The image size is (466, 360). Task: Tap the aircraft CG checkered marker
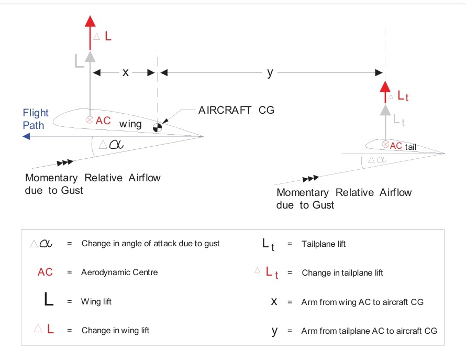tap(158, 126)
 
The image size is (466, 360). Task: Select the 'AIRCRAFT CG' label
tap(236, 111)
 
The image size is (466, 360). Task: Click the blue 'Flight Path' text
tap(36, 119)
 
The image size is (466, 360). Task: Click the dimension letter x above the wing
tap(126, 73)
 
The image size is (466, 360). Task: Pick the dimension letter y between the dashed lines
tap(270, 73)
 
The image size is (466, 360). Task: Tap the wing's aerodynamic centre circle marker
tap(90, 120)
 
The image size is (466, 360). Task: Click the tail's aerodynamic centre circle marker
tap(386, 144)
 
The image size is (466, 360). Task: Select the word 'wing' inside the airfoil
tap(130, 124)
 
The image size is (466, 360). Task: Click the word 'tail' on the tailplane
tap(410, 147)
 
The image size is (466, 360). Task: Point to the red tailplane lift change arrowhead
tap(385, 86)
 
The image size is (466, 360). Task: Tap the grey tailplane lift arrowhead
tap(385, 110)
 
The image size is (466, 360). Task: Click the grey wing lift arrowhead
tap(90, 56)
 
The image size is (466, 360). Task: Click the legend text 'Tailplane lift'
tap(324, 244)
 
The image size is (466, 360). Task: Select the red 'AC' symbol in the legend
tap(46, 272)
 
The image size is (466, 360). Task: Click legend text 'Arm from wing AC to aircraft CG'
tap(362, 302)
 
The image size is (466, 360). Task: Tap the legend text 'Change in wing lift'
tap(115, 331)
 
